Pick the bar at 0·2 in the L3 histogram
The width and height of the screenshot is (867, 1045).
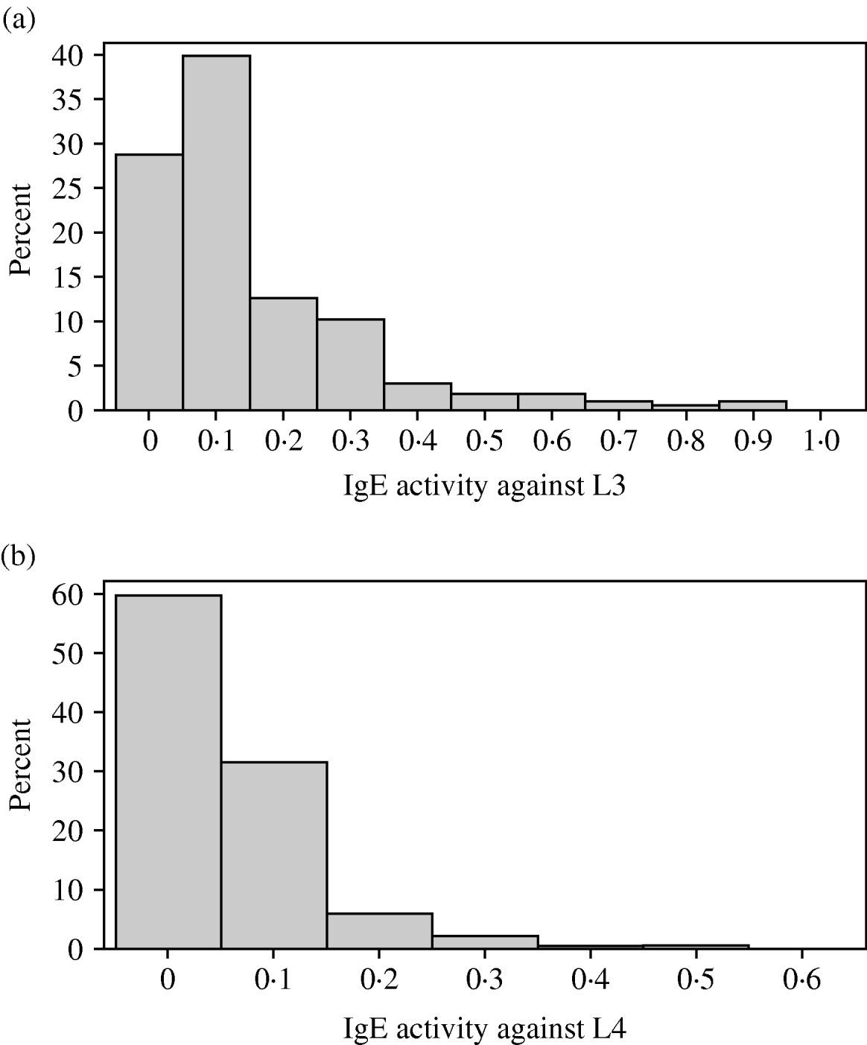(x=283, y=354)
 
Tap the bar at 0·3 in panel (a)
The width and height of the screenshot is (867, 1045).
(x=350, y=364)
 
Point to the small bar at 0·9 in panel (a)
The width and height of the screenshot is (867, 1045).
(x=752, y=405)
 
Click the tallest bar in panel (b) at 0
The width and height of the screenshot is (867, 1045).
(x=168, y=772)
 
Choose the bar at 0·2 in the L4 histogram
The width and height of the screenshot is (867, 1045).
(x=379, y=931)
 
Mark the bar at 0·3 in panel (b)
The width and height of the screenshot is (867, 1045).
(x=485, y=942)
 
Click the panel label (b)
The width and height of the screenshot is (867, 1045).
(x=19, y=556)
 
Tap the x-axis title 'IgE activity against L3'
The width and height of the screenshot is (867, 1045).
(x=485, y=487)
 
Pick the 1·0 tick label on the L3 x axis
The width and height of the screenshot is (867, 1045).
(x=819, y=442)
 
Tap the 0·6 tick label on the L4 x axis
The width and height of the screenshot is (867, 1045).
(x=801, y=981)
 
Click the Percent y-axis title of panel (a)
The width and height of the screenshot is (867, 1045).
(x=21, y=232)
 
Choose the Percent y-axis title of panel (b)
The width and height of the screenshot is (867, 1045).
(x=21, y=772)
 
